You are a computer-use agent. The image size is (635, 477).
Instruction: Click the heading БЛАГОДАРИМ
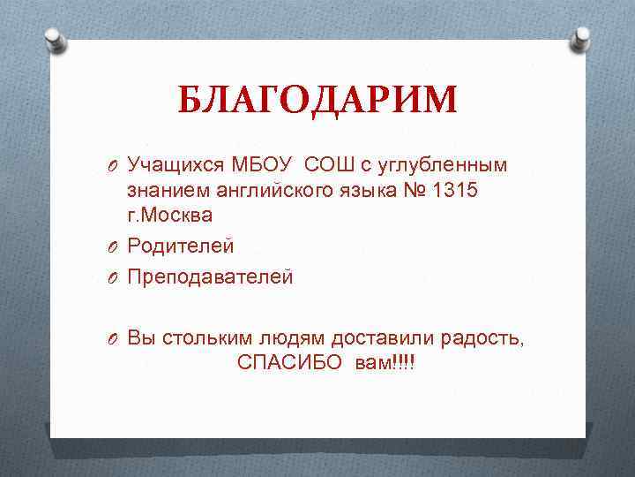(317, 100)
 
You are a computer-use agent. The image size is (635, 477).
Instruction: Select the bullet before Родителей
(115, 246)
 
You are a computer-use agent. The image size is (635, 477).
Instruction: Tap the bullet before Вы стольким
(115, 338)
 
